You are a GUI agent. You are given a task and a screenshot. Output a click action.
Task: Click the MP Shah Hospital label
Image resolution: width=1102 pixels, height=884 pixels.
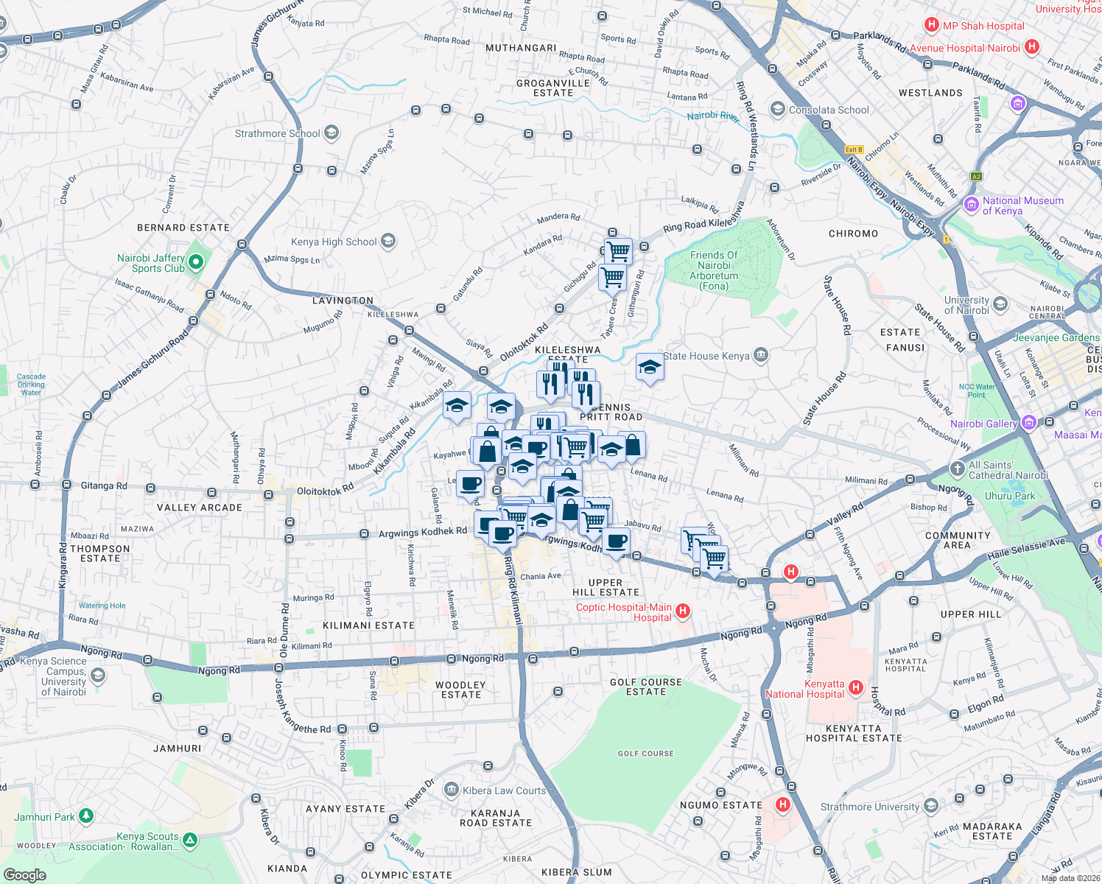[x=983, y=26]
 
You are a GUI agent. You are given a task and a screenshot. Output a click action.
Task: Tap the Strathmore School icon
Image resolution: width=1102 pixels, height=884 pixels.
[x=331, y=133]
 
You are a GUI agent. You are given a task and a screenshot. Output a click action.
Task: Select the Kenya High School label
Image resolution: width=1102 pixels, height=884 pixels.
[x=334, y=242]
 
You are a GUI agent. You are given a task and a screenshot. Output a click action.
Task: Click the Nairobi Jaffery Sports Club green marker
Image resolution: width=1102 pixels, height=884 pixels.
[x=196, y=262]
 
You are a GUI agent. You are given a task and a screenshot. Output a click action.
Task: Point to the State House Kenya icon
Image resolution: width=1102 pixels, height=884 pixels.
[x=761, y=356]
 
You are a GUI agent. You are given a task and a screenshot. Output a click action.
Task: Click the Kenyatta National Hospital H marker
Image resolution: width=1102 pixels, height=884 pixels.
[x=855, y=687]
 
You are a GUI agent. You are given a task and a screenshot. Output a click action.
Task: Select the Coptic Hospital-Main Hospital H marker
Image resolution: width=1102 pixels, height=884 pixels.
[x=683, y=611]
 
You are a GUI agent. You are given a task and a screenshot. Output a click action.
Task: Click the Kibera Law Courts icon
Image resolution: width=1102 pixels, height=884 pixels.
[x=451, y=790]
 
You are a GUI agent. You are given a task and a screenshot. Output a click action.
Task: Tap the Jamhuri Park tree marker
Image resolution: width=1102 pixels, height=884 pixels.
[x=86, y=815]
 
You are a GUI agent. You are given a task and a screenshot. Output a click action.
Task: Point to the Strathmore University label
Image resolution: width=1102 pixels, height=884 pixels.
[x=869, y=807]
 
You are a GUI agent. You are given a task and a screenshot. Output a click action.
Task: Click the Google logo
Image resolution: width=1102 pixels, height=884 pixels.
[x=24, y=875]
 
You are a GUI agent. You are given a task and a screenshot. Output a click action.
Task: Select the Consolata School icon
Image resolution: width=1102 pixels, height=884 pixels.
[x=777, y=110]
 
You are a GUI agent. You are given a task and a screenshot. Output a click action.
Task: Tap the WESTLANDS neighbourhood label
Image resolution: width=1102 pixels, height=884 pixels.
[x=930, y=93]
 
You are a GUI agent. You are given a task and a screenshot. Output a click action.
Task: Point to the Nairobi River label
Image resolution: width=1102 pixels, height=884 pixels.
[x=712, y=116]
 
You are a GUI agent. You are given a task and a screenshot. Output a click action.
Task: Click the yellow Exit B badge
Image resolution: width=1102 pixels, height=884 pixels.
[x=854, y=150]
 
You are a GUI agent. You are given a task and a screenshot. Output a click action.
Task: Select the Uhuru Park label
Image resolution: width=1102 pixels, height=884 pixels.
[x=1009, y=496]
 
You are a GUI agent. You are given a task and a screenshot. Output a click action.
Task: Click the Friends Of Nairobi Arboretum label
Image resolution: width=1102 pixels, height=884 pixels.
[x=714, y=270]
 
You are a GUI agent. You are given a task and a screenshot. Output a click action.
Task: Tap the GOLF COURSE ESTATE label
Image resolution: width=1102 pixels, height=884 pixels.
[x=646, y=687]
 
